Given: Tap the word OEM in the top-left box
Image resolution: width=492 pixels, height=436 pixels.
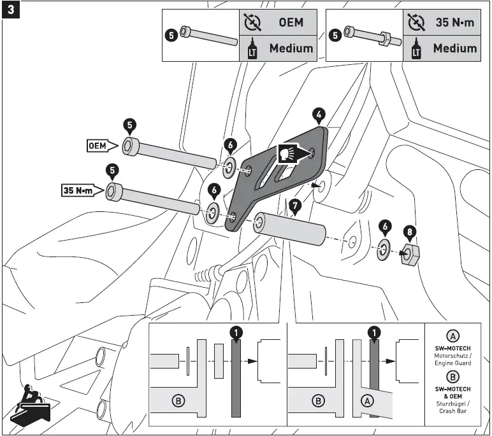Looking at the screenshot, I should point(291,22).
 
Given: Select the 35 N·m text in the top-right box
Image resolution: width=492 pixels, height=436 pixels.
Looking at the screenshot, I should point(455,22).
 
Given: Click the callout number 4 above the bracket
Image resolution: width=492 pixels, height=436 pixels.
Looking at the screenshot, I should point(319,115).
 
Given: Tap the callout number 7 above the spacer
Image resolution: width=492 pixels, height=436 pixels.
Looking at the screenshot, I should point(294,206).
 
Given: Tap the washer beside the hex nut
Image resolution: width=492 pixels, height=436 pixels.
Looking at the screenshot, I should point(384,250).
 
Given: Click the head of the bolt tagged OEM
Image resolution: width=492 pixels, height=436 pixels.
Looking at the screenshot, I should point(131,145).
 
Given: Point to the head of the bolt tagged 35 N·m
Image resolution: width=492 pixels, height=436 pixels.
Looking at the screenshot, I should point(115,190).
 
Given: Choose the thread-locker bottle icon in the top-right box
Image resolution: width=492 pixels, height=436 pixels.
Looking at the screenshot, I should point(416,49).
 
